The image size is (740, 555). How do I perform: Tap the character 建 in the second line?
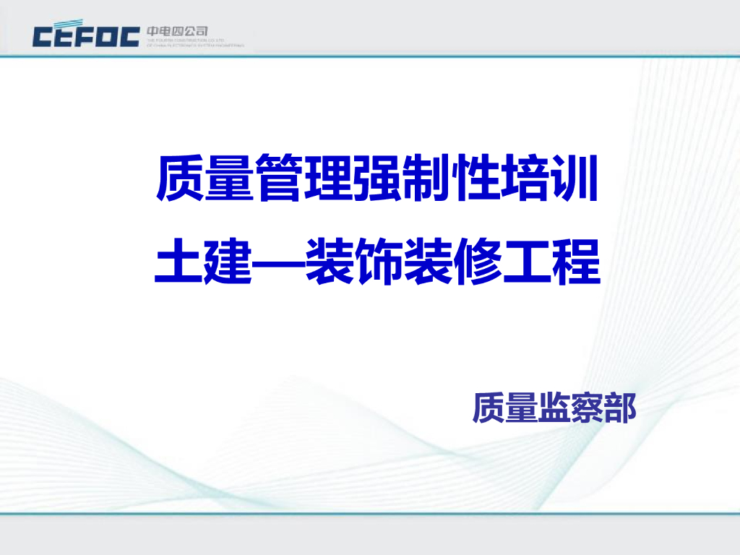click(228, 262)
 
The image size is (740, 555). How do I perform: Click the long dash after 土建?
click(279, 263)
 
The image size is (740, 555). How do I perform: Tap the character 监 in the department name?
click(554, 408)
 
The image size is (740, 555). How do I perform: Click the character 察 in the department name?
click(587, 408)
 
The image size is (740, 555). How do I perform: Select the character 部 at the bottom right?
click(620, 408)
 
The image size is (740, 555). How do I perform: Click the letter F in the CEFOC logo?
click(86, 35)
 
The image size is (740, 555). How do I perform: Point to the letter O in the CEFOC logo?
click(107, 35)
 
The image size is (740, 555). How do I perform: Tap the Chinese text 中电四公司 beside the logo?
click(177, 31)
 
